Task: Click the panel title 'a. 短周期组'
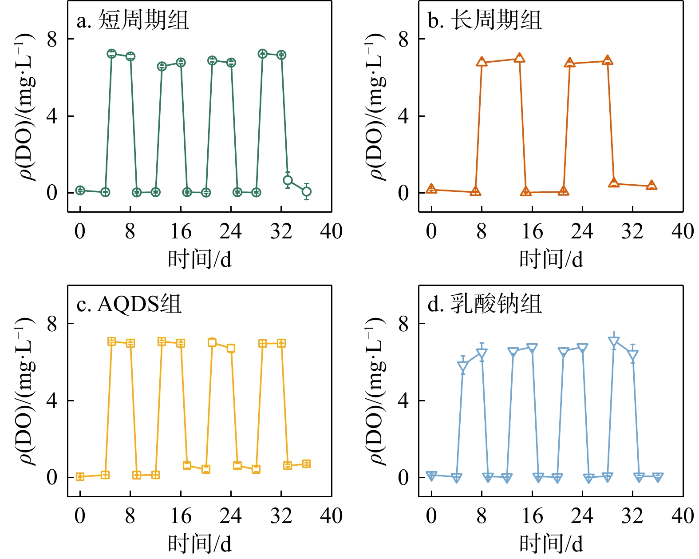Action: coord(133,21)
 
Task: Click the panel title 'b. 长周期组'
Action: coord(485,21)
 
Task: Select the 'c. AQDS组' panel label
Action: coord(129,305)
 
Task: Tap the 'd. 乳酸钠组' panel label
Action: coord(485,305)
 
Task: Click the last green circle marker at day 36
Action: coord(306,192)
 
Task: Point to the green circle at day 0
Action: coord(80,190)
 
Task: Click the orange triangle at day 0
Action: coord(431,189)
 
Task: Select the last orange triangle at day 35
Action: coord(652,186)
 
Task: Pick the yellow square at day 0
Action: coord(80,477)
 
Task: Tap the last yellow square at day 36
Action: coord(306,464)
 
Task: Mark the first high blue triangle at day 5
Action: coord(463,366)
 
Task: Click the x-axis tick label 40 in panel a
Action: coord(331,232)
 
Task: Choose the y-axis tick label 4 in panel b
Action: coord(403,116)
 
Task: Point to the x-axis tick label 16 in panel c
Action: coord(181,516)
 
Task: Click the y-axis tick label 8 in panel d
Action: coord(403,325)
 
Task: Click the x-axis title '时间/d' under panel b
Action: coord(551,259)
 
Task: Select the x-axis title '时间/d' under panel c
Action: coord(199,543)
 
